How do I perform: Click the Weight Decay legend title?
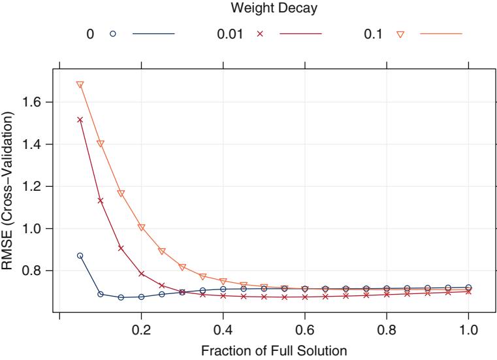(249, 8)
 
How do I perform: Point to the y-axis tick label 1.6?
(39, 102)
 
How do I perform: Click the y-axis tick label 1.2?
(39, 186)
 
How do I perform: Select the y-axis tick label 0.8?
(39, 270)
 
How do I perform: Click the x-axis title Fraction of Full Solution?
(265, 351)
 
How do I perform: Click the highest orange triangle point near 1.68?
(80, 85)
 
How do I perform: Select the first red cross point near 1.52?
(80, 120)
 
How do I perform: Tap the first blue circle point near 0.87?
(80, 255)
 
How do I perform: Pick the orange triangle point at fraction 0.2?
(141, 227)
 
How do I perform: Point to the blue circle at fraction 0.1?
(101, 294)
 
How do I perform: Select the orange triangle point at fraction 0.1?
(101, 144)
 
